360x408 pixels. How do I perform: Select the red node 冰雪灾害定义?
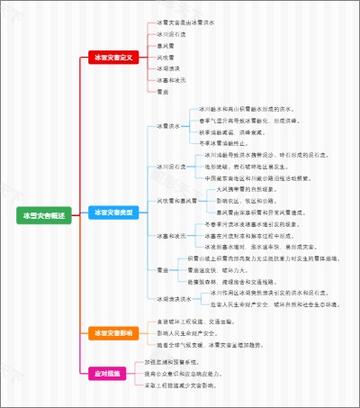[112, 57]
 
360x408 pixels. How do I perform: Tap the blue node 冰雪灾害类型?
[112, 212]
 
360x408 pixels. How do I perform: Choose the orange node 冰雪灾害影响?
[112, 333]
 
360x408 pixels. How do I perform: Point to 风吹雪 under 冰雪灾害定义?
[165, 57]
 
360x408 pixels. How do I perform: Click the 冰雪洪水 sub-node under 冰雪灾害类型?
[168, 126]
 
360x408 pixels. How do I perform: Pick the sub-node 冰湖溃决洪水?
[174, 298]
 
